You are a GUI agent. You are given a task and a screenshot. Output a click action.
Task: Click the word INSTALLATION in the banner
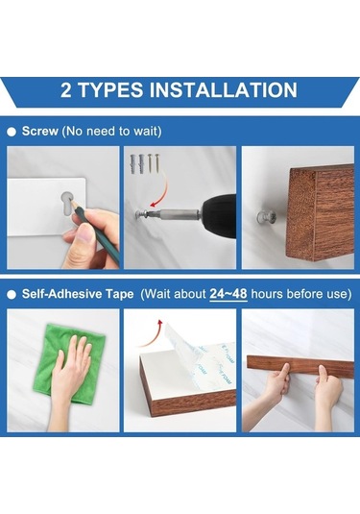[223, 89]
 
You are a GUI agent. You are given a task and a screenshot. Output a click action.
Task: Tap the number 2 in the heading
[66, 90]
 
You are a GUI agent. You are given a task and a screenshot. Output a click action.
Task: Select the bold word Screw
[40, 131]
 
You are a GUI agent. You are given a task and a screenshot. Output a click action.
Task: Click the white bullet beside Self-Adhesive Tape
[12, 295]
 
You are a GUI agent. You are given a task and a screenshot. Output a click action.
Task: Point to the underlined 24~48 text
[228, 294]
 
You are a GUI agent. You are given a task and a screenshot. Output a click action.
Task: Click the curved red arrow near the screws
[159, 191]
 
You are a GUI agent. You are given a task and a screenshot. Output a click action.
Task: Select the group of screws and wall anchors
[144, 163]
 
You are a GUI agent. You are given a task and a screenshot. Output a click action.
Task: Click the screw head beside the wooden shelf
[266, 217]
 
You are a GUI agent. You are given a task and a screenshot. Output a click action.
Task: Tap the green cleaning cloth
[68, 363]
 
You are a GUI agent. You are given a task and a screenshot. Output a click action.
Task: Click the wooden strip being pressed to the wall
[300, 365]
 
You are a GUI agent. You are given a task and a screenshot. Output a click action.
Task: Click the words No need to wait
[111, 131]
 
